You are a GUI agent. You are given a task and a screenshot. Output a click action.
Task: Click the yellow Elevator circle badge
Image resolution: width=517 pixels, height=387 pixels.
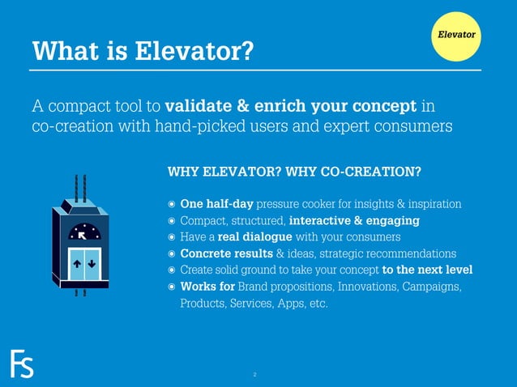(x=456, y=35)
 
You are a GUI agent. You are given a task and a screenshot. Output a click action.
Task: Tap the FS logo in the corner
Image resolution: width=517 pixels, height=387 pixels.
(x=22, y=364)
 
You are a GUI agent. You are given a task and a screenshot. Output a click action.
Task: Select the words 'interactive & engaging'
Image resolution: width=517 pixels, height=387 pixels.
(x=354, y=220)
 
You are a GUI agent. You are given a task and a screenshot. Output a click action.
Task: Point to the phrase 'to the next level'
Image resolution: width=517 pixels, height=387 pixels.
(x=427, y=270)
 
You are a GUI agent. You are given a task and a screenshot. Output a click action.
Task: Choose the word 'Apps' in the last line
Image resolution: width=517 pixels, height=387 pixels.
(x=289, y=304)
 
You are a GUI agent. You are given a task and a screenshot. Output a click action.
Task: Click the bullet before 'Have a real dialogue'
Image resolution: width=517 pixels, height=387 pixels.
(x=171, y=237)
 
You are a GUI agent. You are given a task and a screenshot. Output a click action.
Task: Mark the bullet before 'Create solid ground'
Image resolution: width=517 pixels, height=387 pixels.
(x=171, y=270)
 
